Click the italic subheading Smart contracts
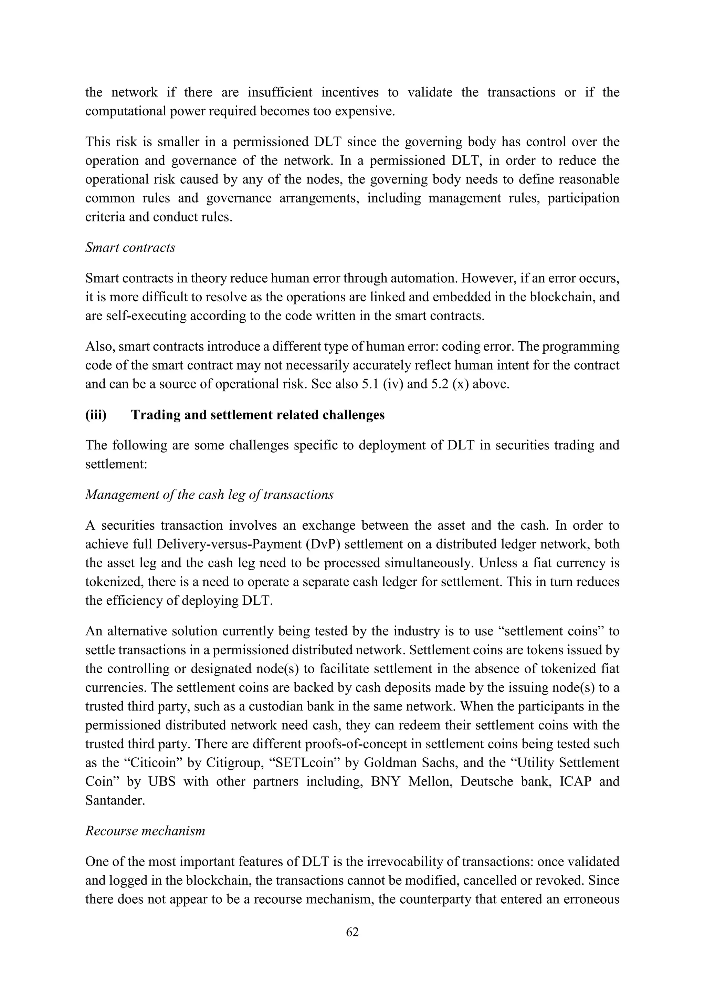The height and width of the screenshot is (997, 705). (130, 248)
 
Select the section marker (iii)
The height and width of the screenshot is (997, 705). (96, 415)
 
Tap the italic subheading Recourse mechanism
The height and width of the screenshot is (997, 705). (145, 831)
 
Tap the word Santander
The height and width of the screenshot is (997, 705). (115, 800)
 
